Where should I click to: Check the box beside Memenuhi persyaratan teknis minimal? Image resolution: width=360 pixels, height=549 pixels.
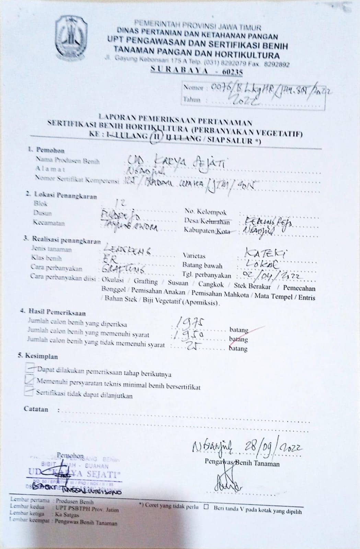[x=30, y=379]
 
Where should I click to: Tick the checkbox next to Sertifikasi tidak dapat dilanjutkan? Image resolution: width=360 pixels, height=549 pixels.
[x=29, y=391]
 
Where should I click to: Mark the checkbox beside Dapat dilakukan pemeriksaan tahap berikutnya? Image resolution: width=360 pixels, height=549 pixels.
[x=30, y=368]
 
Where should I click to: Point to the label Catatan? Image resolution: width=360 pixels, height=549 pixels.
[x=36, y=409]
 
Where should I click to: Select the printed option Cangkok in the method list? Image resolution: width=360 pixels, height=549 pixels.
[x=211, y=284]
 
